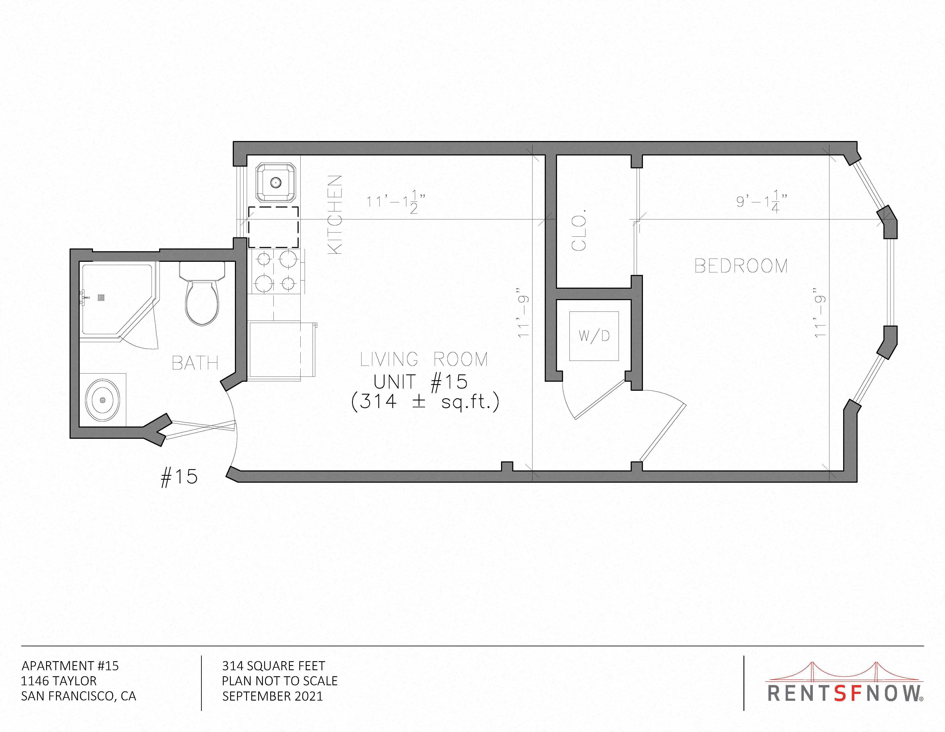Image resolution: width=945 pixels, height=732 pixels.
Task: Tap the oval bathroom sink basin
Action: click(102, 400)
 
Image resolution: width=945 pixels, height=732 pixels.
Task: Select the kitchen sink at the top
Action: click(276, 183)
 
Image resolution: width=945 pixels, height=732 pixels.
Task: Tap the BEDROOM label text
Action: click(741, 266)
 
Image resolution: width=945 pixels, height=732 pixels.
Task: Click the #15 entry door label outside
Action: click(179, 477)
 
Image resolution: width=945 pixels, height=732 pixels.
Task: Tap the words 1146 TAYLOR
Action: click(59, 681)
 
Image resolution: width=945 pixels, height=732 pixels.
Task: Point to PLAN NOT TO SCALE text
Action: click(279, 681)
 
